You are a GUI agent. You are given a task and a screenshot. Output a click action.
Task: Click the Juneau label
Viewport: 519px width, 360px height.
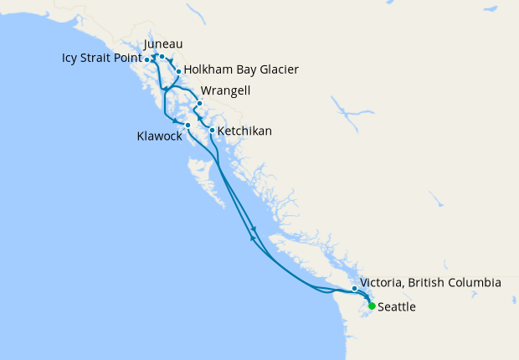click(163, 44)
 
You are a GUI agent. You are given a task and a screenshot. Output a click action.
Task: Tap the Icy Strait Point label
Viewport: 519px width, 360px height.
click(101, 59)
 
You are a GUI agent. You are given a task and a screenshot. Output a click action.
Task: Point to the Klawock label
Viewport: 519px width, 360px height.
click(159, 136)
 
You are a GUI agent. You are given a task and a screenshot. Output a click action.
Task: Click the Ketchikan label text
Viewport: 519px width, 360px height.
click(244, 131)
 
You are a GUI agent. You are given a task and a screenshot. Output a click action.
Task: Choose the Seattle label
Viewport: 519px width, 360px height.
click(397, 307)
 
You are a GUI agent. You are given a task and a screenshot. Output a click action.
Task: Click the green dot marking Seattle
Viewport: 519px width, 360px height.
click(372, 306)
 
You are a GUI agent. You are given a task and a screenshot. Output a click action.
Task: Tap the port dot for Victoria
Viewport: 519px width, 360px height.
click(355, 289)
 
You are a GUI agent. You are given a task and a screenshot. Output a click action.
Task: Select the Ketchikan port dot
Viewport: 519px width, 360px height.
click(212, 131)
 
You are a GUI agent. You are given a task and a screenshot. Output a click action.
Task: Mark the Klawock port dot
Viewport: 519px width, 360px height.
click(188, 126)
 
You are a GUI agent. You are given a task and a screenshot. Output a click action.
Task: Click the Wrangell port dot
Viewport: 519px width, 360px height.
click(199, 104)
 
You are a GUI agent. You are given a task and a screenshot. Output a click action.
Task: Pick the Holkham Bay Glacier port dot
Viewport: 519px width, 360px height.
click(178, 72)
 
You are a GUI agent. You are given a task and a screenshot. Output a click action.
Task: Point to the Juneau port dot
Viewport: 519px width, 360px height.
click(162, 56)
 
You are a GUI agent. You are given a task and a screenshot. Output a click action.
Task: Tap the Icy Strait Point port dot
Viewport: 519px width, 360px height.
click(147, 59)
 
